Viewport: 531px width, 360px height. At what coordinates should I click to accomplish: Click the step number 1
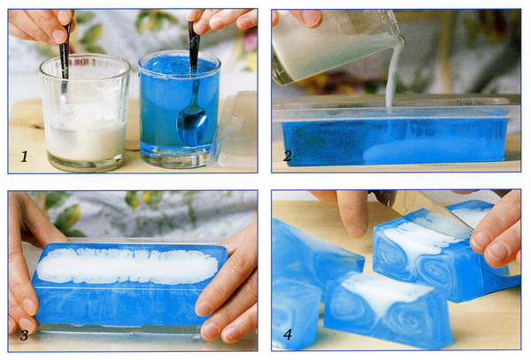(25, 157)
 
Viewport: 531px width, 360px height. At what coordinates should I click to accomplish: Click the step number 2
(288, 156)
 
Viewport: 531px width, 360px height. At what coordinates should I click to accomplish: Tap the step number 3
(24, 335)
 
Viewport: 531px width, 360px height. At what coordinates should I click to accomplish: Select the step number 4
(288, 334)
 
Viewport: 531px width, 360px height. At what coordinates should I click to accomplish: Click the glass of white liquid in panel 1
(85, 113)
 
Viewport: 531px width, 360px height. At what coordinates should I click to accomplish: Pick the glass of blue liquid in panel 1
(179, 109)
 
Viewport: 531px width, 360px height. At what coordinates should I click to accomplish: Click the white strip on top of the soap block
(127, 265)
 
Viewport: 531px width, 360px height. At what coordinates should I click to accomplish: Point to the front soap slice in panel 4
(388, 310)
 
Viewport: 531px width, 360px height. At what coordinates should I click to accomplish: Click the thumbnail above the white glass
(59, 35)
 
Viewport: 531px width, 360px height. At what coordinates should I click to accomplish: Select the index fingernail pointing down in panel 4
(357, 231)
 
